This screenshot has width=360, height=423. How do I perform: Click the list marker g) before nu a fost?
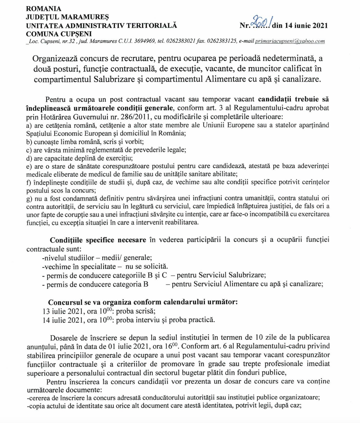pyautogui.click(x=29, y=198)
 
